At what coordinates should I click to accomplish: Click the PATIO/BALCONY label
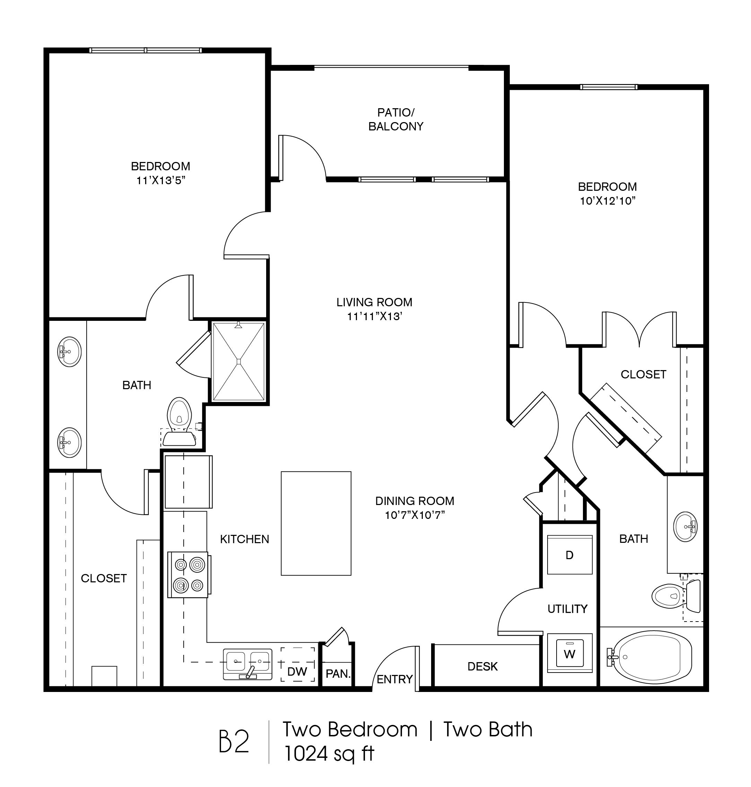coord(395,119)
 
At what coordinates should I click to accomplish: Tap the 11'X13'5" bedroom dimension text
coord(160,180)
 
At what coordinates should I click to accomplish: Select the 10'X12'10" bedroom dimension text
coord(608,201)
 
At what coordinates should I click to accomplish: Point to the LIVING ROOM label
coord(374,302)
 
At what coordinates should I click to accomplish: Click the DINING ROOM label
coord(415,501)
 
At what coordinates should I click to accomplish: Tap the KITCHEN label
coord(245,539)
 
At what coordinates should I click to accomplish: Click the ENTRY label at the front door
coord(395,679)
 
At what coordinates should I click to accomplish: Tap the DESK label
coord(482,666)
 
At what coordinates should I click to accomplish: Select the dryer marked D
coord(570,555)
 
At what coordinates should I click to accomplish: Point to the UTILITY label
coord(568,609)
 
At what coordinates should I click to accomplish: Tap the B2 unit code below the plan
coord(234,741)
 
